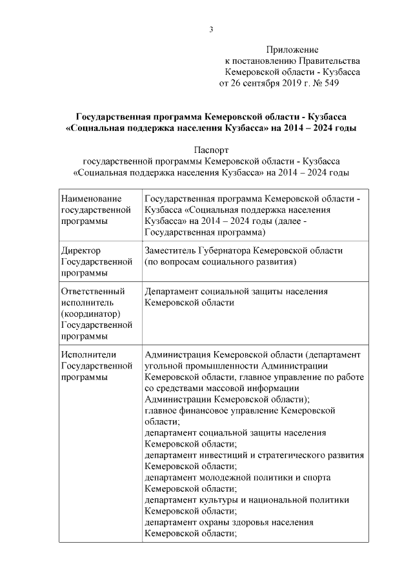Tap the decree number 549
(330, 83)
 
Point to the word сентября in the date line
(264, 83)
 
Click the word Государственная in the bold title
(114, 117)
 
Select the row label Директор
(81, 250)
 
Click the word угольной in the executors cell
(162, 365)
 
